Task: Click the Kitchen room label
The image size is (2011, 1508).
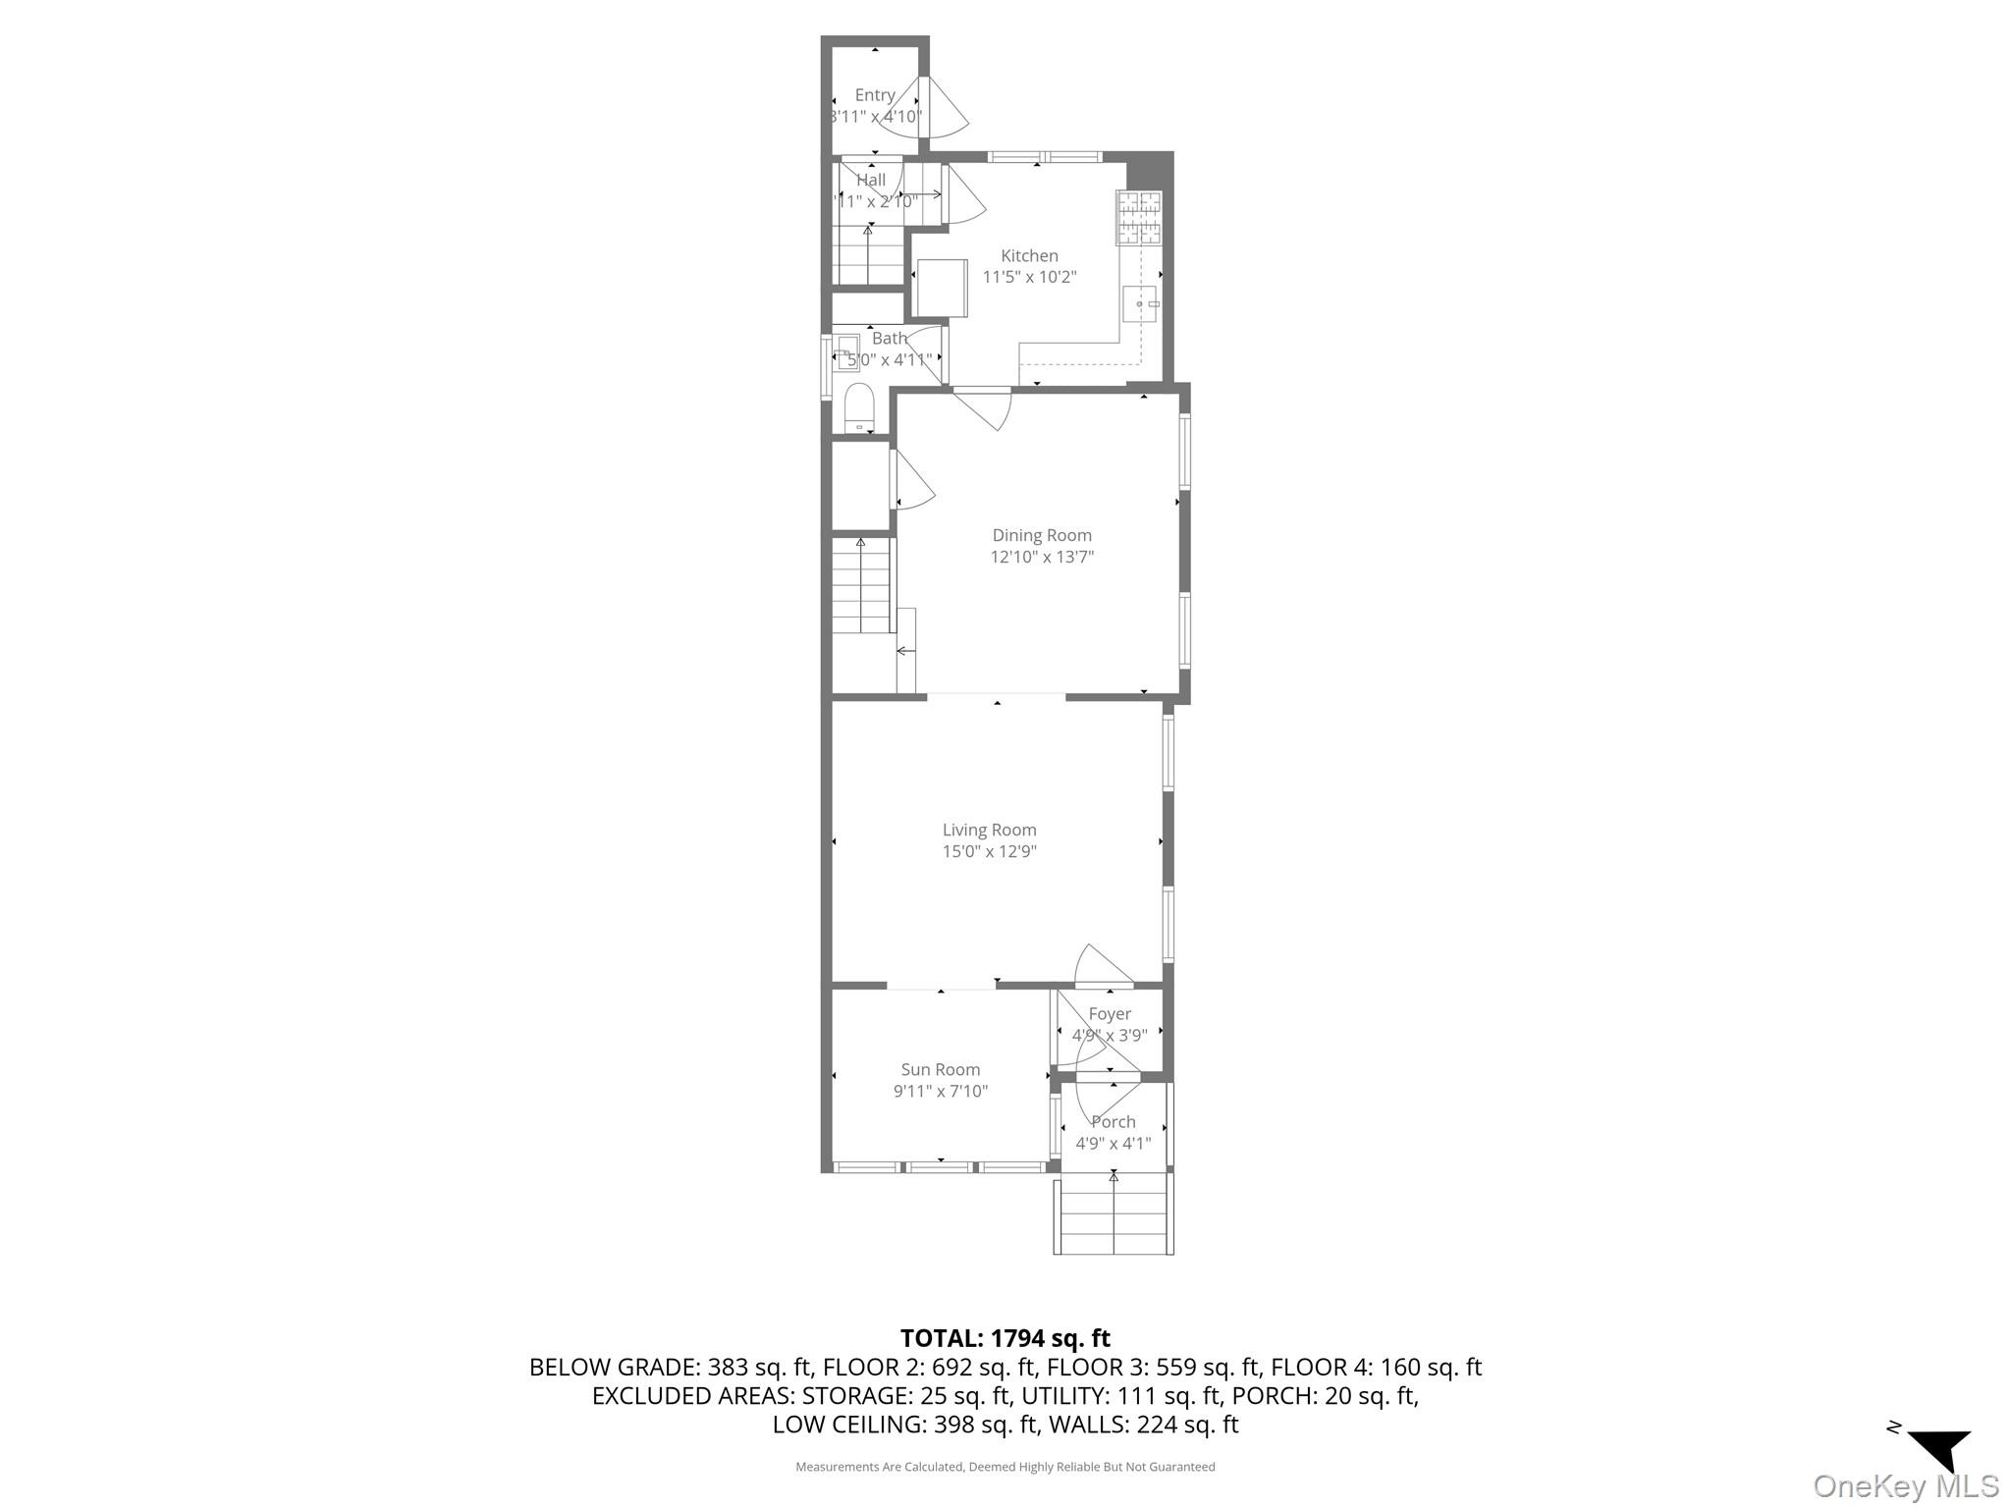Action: [x=1029, y=256]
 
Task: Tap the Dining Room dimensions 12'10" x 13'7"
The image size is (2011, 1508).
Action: [x=1042, y=557]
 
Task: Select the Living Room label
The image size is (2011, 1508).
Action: [x=989, y=830]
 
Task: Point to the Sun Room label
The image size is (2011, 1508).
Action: [x=940, y=1069]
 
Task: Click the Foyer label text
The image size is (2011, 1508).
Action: [x=1110, y=1013]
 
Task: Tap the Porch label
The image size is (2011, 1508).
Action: [x=1114, y=1121]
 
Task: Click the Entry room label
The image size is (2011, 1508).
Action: [x=874, y=95]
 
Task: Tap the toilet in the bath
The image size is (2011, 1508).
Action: [x=859, y=406]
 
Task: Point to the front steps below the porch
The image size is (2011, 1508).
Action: [x=1114, y=1217]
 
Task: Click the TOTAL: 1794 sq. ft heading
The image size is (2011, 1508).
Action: [x=1005, y=1337]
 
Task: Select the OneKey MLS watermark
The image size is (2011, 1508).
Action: [x=1905, y=1485]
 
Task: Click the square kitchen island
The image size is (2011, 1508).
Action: [x=941, y=288]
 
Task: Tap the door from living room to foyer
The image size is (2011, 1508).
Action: [x=1102, y=967]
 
